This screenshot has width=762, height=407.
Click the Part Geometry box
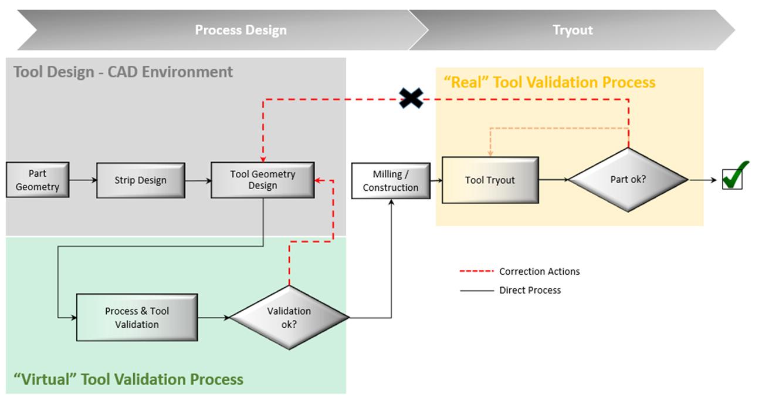click(x=38, y=180)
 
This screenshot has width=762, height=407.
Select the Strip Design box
click(x=141, y=180)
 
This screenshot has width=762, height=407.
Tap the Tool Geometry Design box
click(x=263, y=180)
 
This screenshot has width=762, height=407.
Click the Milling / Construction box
click(x=391, y=181)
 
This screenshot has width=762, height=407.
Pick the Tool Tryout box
click(x=490, y=180)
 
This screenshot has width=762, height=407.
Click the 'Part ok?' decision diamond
click(x=628, y=180)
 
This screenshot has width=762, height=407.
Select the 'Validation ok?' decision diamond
click(x=289, y=317)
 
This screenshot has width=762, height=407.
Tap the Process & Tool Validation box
click(x=137, y=317)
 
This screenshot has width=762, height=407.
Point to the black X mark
click(x=411, y=98)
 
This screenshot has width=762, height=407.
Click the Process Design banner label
click(x=241, y=30)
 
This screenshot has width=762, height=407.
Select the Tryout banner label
click(x=573, y=30)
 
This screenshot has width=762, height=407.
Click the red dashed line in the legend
click(x=476, y=271)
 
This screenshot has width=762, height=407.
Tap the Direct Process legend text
click(x=530, y=290)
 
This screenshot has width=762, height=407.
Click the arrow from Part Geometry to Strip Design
click(x=83, y=180)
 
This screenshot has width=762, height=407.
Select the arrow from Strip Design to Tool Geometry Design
click(x=198, y=180)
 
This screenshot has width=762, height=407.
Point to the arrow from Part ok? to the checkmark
click(x=703, y=180)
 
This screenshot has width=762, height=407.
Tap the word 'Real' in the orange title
click(x=466, y=82)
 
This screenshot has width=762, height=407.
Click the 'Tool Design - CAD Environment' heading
click(x=123, y=72)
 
